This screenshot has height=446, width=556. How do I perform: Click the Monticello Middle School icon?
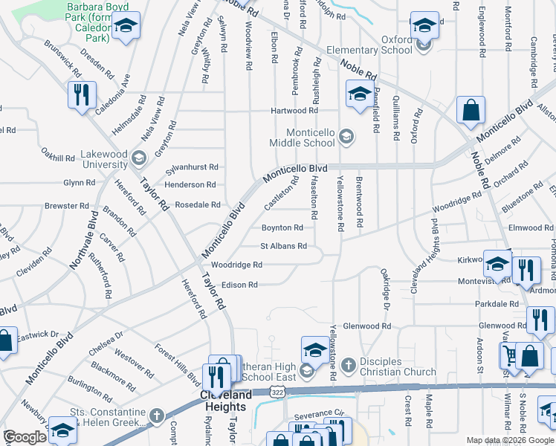[346, 136]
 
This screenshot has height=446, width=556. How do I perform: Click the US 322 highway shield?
[277, 391]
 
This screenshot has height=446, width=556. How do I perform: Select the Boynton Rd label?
[282, 227]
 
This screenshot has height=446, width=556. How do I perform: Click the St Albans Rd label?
[282, 246]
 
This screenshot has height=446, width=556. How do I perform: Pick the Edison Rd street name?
[239, 285]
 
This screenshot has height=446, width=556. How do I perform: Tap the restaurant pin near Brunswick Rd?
[81, 95]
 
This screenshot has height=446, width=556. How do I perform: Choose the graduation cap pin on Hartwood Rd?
[359, 94]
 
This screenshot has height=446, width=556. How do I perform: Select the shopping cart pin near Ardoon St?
[508, 356]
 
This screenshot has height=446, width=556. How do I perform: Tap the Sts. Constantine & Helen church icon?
[156, 416]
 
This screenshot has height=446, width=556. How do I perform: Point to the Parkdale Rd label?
[498, 304]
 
